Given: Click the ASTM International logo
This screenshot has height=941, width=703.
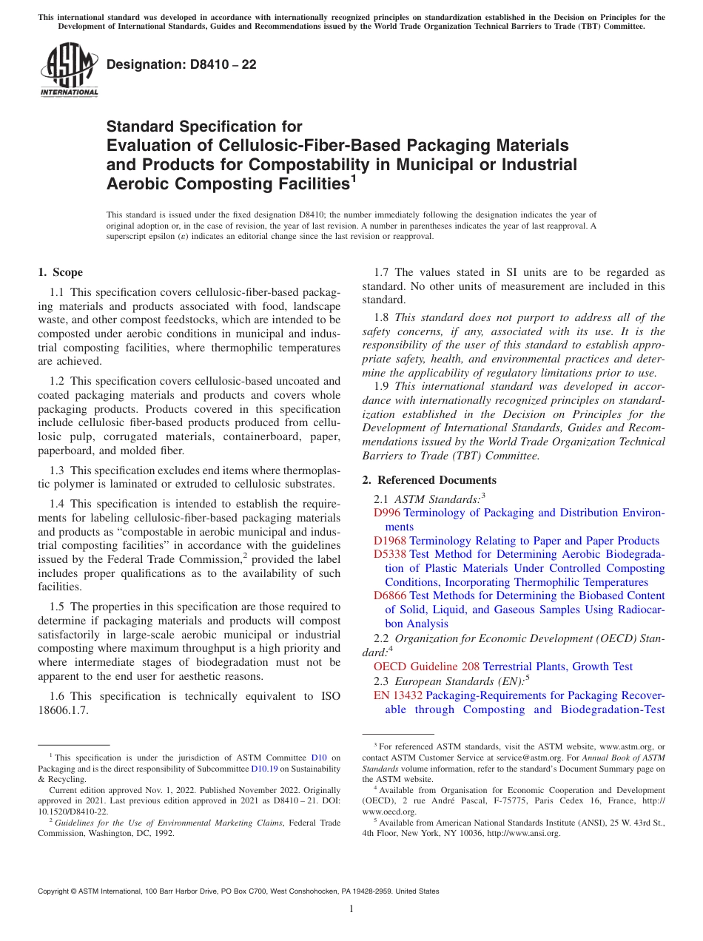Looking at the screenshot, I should pos(68,70).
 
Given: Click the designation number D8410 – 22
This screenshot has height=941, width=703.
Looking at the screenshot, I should pos(181,64).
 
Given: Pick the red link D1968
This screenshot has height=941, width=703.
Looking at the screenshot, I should pos(390,541).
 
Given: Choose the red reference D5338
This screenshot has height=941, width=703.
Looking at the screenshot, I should pos(390,554).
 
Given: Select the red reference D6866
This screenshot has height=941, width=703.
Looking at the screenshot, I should pos(390,596).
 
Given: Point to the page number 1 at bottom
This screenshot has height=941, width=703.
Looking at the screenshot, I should pos(351,909).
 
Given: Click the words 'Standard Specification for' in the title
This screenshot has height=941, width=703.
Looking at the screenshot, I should pos(204,127).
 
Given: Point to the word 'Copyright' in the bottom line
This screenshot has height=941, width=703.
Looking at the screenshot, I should pos(56,891).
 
